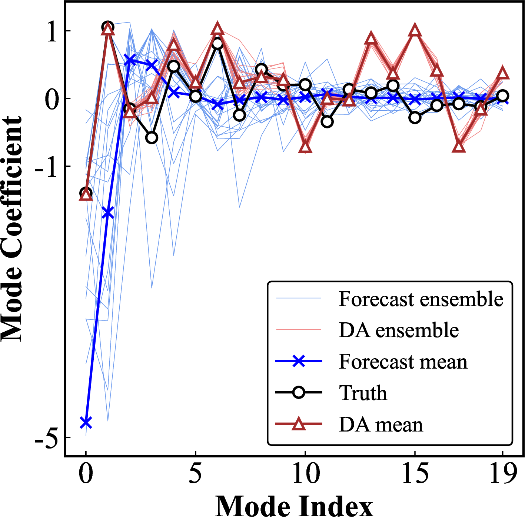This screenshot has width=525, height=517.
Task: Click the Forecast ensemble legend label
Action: [421, 299]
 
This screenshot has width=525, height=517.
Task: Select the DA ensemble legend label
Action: [399, 330]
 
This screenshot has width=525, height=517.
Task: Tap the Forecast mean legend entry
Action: [403, 362]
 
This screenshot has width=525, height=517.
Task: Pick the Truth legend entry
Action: [363, 393]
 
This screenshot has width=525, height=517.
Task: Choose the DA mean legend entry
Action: [381, 424]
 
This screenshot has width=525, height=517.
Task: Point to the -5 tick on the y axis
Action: [46, 439]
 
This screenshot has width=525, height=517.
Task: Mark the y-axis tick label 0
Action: [52, 100]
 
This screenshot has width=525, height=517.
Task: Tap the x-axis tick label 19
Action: [503, 473]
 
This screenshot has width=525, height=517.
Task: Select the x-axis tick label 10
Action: [305, 473]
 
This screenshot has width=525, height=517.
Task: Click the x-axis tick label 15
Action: [415, 473]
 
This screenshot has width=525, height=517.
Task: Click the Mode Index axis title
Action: [294, 506]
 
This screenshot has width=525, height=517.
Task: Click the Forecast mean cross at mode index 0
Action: [86, 422]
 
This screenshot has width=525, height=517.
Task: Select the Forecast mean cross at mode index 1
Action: [108, 212]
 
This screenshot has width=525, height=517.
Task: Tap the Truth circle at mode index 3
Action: [152, 138]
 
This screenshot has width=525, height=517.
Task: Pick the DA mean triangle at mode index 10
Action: [305, 147]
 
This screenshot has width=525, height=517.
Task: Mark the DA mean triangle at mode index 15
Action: [415, 31]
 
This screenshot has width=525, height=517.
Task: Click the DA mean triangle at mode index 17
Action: [459, 147]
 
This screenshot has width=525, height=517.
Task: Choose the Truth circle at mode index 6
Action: [217, 44]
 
